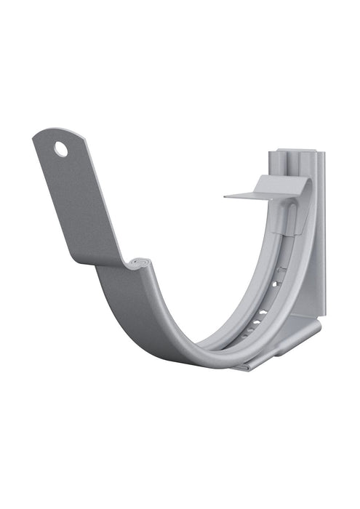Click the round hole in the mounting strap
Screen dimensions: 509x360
point(60,149)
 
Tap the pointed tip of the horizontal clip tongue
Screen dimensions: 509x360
point(226,196)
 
